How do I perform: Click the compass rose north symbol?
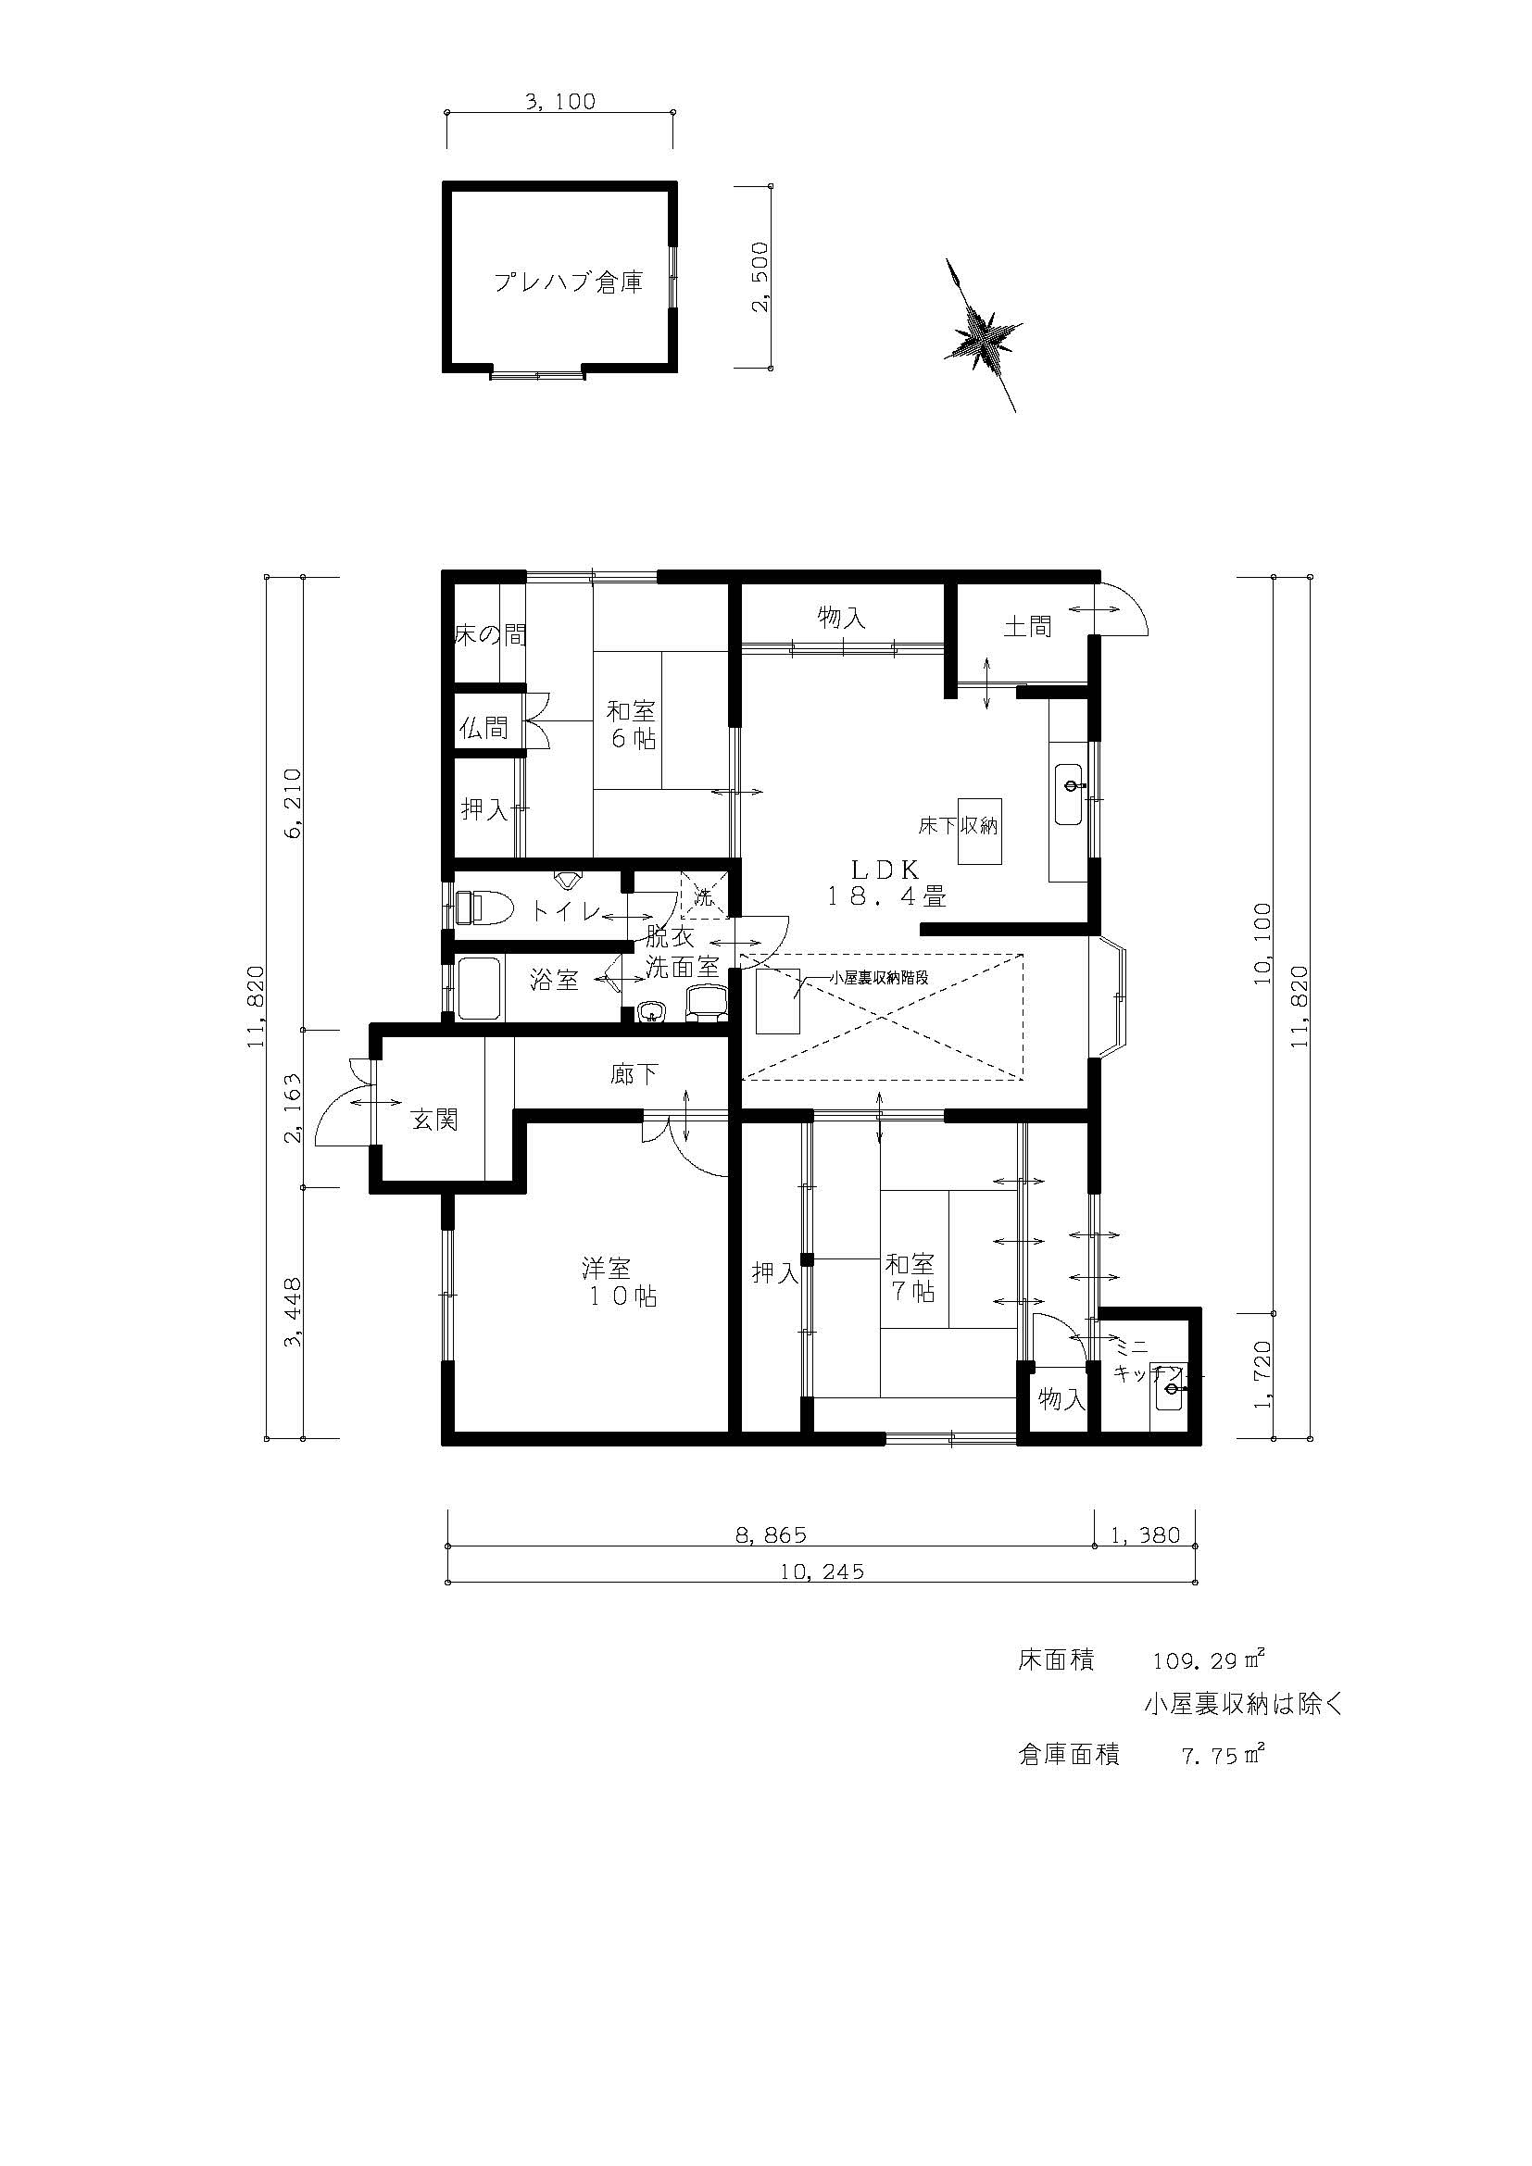tap(983, 334)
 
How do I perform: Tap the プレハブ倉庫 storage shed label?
tap(569, 282)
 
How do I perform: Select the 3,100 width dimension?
tap(560, 101)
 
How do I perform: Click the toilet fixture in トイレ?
tap(483, 908)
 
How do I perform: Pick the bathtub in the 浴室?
tap(479, 988)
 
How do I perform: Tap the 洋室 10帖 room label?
tap(619, 1281)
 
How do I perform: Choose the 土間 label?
tap(1027, 626)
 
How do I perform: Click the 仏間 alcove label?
tap(483, 727)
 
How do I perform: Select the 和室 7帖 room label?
tap(910, 1277)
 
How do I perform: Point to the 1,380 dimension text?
tap(1145, 1534)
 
